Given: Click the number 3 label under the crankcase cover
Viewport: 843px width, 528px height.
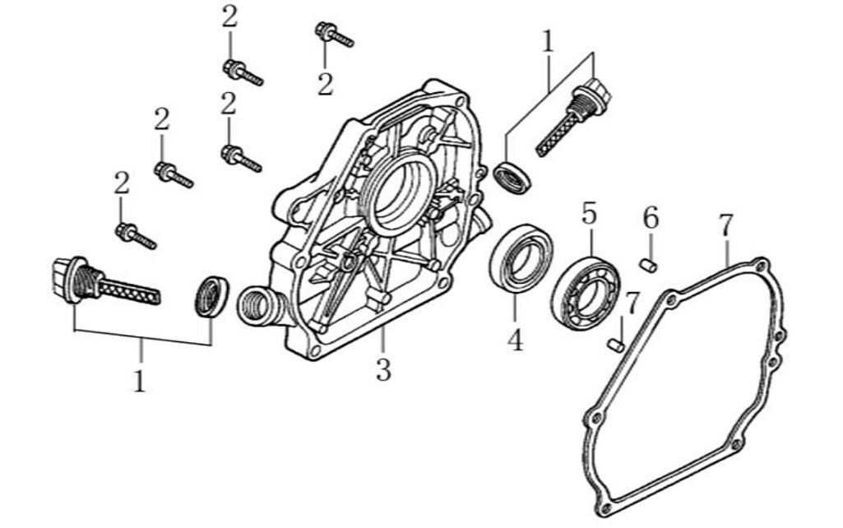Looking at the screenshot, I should (x=382, y=369).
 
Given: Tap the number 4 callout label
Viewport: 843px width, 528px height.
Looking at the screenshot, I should (x=515, y=339).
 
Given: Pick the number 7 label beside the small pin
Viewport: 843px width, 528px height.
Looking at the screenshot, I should (x=632, y=303).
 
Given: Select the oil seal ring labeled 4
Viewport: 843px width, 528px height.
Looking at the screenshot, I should (x=521, y=260).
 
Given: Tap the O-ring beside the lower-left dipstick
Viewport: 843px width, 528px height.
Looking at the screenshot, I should (x=212, y=296).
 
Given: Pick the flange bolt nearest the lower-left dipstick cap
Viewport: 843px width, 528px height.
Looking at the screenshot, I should (x=135, y=236).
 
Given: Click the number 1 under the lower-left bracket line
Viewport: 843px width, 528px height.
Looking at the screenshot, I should (x=140, y=381).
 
